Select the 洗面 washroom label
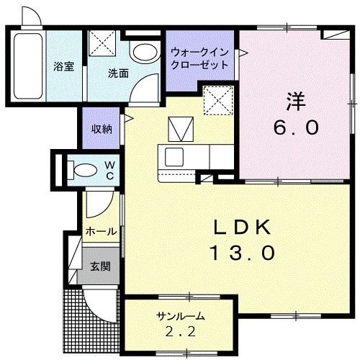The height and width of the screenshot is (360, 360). click(x=118, y=73)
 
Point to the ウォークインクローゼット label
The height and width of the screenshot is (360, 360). click(x=199, y=58)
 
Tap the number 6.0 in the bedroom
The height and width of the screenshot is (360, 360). click(x=295, y=128)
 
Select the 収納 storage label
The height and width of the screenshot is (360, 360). click(x=102, y=129)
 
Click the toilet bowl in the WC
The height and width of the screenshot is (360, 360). click(x=83, y=170)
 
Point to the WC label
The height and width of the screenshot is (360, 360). click(x=110, y=170)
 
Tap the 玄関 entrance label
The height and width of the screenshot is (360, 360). click(x=100, y=266)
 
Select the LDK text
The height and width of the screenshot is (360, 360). click(x=243, y=228)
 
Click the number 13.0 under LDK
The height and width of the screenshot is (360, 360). click(x=242, y=253)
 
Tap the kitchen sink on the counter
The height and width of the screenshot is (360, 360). click(x=176, y=156)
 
